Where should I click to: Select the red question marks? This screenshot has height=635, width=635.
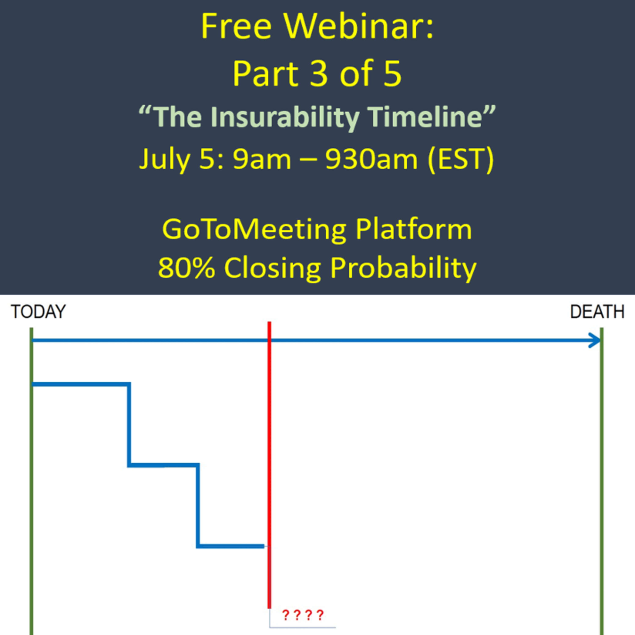coord(303,615)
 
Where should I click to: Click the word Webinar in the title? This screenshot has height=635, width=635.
coord(360,26)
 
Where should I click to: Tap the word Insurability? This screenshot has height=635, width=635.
coord(285,117)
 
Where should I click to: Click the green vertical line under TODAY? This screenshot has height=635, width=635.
coord(32,481)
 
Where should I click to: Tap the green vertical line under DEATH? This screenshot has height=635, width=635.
coord(602,481)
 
